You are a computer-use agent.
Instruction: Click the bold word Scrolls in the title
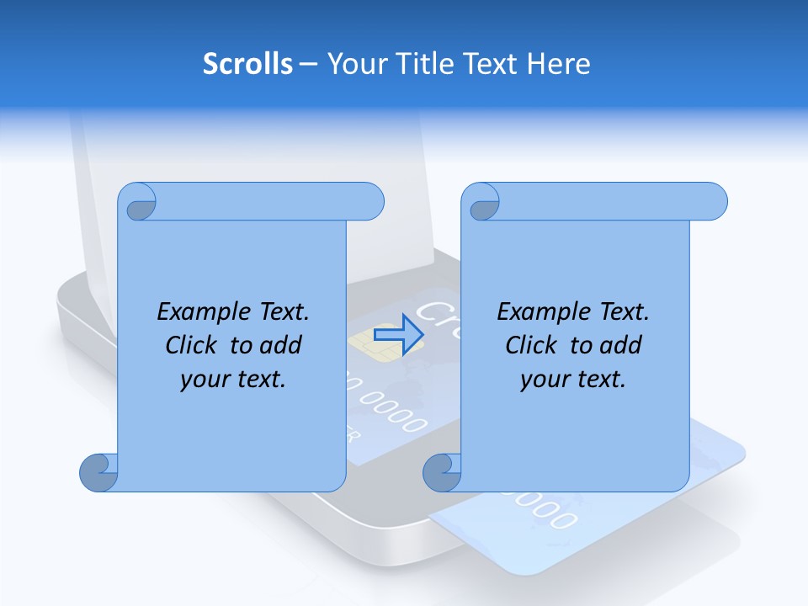click(x=247, y=64)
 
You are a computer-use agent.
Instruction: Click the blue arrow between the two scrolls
click(x=397, y=336)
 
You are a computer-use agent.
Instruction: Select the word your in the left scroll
click(x=205, y=380)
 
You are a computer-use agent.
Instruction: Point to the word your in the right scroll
click(x=545, y=380)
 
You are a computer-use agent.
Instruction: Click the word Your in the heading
click(x=354, y=64)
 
